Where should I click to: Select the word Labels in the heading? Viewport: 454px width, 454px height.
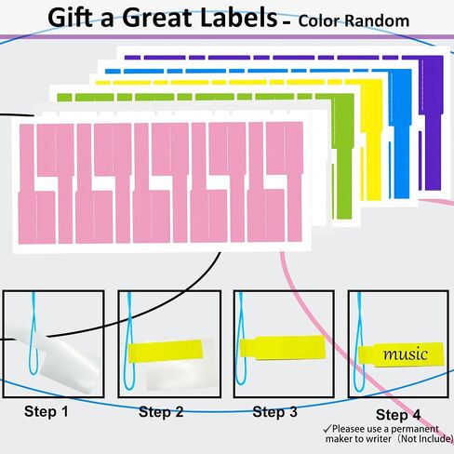pos(238,18)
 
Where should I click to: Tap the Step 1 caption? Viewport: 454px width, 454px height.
pos(47,411)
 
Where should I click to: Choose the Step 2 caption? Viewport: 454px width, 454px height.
pos(161,412)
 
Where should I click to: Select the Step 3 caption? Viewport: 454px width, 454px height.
pos(275,412)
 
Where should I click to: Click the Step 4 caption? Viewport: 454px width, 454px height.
pos(398,415)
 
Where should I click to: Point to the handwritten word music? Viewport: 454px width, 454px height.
pos(406,354)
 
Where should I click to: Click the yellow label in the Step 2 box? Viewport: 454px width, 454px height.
pos(166,351)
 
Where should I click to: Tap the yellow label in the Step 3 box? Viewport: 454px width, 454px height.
pos(283,348)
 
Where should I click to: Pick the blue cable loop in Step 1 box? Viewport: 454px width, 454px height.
pos(33,333)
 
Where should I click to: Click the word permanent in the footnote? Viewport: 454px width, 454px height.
pos(415,429)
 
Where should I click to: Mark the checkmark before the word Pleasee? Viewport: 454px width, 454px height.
pos(327,429)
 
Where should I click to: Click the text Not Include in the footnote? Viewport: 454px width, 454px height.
pos(425,439)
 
